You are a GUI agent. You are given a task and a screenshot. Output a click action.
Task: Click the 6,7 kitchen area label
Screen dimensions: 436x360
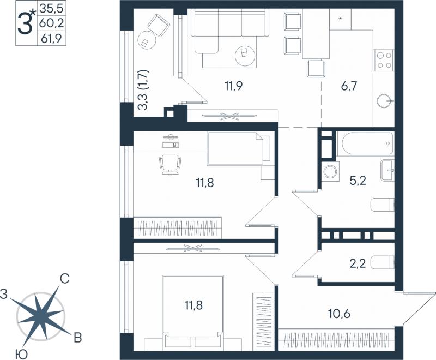tap(349, 86)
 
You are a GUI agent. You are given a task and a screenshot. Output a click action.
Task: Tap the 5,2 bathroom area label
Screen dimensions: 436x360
tap(358, 181)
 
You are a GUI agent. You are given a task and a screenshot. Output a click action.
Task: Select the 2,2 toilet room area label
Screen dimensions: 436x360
tap(358, 263)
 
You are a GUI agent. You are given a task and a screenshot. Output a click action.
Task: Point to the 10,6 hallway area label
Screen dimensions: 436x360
tap(339, 314)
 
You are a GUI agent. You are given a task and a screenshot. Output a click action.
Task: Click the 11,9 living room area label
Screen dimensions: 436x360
tap(234, 86)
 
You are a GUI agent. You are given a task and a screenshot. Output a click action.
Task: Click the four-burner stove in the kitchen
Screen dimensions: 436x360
tap(384, 61)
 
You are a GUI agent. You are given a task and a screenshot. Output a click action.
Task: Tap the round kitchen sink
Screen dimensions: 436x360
tap(384, 101)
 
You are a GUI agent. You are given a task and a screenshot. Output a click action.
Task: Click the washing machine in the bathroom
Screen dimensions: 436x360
tap(330, 171)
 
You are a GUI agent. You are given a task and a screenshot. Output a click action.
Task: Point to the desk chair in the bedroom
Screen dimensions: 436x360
tap(170, 164)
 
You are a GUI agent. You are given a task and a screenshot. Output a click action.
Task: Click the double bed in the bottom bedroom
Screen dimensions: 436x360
tap(193, 311)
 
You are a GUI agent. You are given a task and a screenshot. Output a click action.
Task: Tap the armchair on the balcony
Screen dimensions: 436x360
tap(159, 25)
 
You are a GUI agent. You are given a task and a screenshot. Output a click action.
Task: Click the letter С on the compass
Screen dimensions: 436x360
tap(65, 279)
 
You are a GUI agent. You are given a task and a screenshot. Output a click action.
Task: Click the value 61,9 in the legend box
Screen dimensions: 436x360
tap(51, 38)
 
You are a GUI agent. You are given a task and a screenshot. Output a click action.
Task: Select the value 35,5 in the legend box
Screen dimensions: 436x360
tap(52, 9)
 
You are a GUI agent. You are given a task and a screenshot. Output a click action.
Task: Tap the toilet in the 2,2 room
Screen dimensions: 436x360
tap(383, 262)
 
